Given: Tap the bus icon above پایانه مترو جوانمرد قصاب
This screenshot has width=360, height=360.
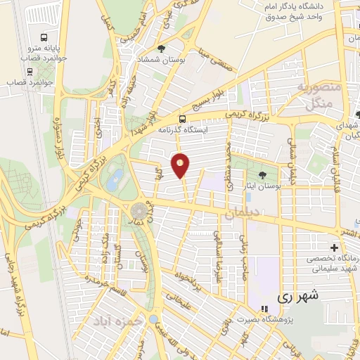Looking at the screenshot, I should tap(45, 37).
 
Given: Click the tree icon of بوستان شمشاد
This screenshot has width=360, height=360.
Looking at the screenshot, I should tap(162, 49).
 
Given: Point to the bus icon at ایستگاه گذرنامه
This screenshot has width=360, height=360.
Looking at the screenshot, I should tap(182, 119).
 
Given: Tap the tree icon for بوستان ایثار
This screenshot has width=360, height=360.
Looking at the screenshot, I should tap(263, 176).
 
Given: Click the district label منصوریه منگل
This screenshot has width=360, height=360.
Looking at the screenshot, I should tap(319, 97).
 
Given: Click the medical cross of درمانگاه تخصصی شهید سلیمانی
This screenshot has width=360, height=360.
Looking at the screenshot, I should tap(334, 247).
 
